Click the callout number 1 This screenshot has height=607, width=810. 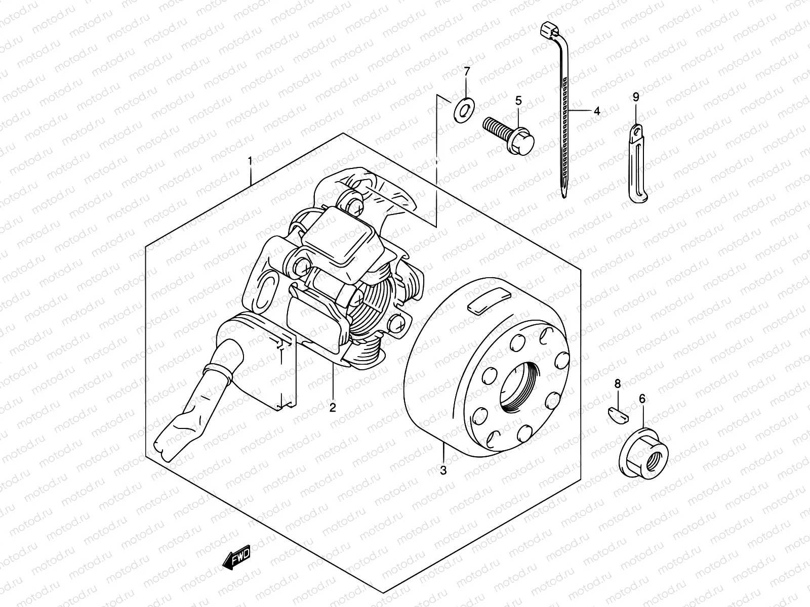250,161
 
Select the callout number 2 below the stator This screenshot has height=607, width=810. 333,407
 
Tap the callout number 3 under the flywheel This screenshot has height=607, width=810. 443,470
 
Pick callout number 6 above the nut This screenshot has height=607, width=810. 642,399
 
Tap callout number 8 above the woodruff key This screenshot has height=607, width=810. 617,384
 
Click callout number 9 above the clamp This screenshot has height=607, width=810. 636,96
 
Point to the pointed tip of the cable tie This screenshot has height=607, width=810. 563,193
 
